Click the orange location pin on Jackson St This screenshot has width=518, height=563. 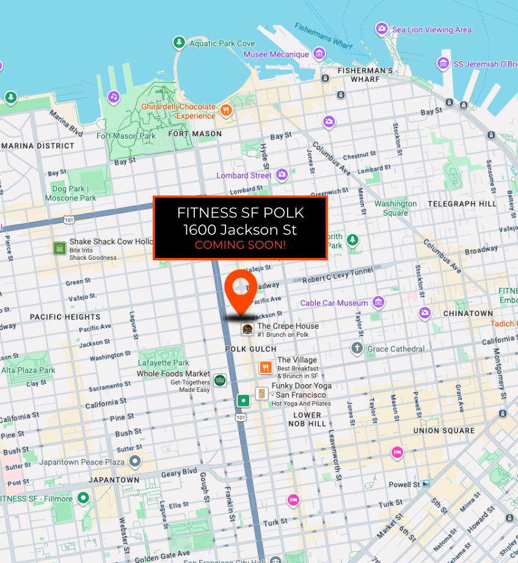coord(241,288)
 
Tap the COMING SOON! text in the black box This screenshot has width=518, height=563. coord(240,245)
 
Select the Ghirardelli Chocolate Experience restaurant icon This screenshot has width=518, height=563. coord(227,110)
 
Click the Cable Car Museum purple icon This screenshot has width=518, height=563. coord(379,302)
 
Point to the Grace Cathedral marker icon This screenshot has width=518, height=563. coord(357,348)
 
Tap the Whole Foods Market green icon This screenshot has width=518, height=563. coord(220,380)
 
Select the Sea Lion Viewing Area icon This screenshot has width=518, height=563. coord(382,29)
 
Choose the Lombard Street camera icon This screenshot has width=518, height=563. coord(282,175)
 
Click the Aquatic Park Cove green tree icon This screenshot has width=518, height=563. coord(179,43)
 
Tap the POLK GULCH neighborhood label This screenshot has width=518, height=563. coord(242,349)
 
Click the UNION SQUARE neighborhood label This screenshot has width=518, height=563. coord(444,430)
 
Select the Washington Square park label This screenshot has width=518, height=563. coord(395,208)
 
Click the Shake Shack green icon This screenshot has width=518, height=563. coord(59,248)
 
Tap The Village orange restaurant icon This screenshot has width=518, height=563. coord(265,367)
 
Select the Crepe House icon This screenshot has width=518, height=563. coord(247,329)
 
